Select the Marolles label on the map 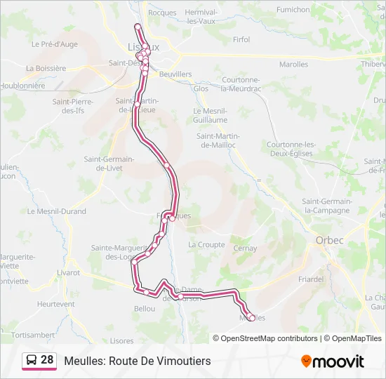point(293,65)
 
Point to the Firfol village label point(241,40)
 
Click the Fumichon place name point(293,10)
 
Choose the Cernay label point(245,248)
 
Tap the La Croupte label point(206,245)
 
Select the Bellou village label point(144,309)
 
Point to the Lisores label point(121,340)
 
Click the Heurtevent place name point(55,304)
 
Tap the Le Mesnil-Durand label point(56,211)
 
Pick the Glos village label point(201,89)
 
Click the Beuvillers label point(175,74)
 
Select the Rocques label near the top point(162,13)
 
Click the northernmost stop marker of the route point(138,27)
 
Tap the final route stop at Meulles point(251,318)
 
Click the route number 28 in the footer point(47,360)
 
